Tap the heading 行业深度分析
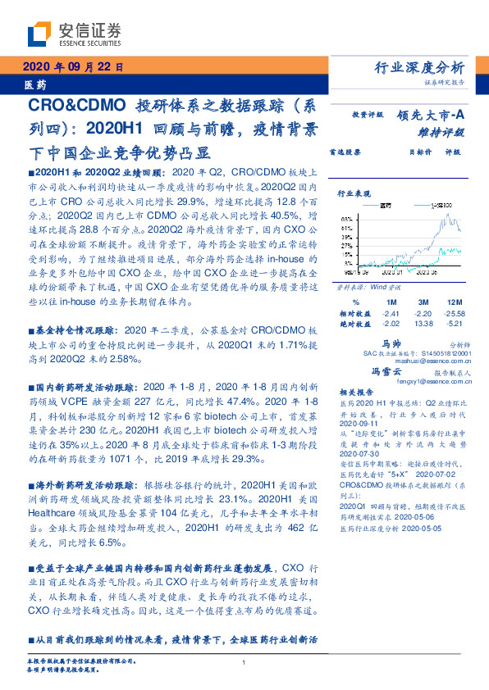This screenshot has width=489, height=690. coord(418,68)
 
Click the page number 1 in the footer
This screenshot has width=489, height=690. coord(244,663)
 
